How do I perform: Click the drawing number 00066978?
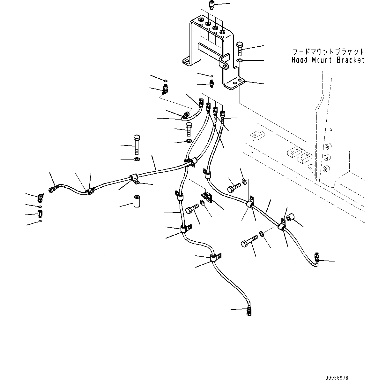337,378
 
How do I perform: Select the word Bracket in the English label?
351,60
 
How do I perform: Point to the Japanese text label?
328,52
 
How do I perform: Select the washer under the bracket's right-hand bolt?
240,60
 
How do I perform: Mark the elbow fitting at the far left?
40,198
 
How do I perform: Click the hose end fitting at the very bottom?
249,312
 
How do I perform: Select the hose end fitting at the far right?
317,258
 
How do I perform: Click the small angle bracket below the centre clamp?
207,197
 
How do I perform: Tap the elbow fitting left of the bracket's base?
165,90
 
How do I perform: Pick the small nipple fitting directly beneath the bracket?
211,84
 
